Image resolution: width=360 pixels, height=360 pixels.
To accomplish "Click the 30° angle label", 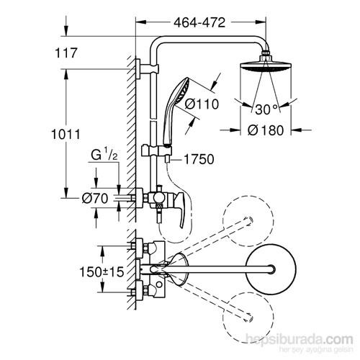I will coord(264,109).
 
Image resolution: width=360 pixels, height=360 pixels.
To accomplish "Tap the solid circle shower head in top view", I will coord(268,270).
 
